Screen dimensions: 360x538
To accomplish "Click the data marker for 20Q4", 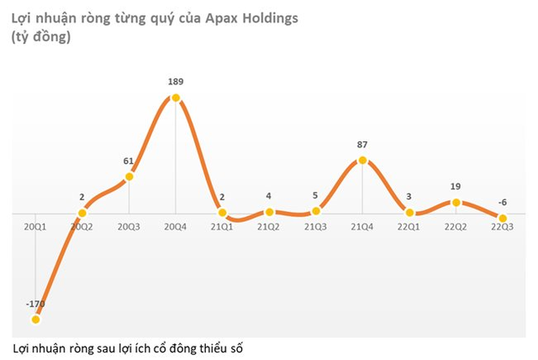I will coord(176,98).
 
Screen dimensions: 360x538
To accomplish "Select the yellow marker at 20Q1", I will coord(35,319).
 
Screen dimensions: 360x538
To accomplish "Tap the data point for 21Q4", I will coord(362,159).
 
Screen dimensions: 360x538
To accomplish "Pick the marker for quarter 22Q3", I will coord(503,219).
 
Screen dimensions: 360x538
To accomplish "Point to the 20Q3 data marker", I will coord(129,176).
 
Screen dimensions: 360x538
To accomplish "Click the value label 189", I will coord(176,82).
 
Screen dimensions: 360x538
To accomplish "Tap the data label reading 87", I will coord(362,144).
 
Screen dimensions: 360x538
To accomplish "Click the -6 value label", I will coord(503,203).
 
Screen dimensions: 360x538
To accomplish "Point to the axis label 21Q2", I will coord(269,228).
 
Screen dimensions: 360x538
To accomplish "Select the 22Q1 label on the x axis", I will coord(409,228).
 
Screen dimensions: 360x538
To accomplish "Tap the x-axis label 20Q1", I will coord(35,228).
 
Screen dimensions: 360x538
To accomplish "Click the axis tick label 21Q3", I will coord(316,228).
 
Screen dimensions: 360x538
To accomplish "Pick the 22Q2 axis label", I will coord(456,228).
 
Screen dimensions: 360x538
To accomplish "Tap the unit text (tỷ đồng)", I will coord(41,37).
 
